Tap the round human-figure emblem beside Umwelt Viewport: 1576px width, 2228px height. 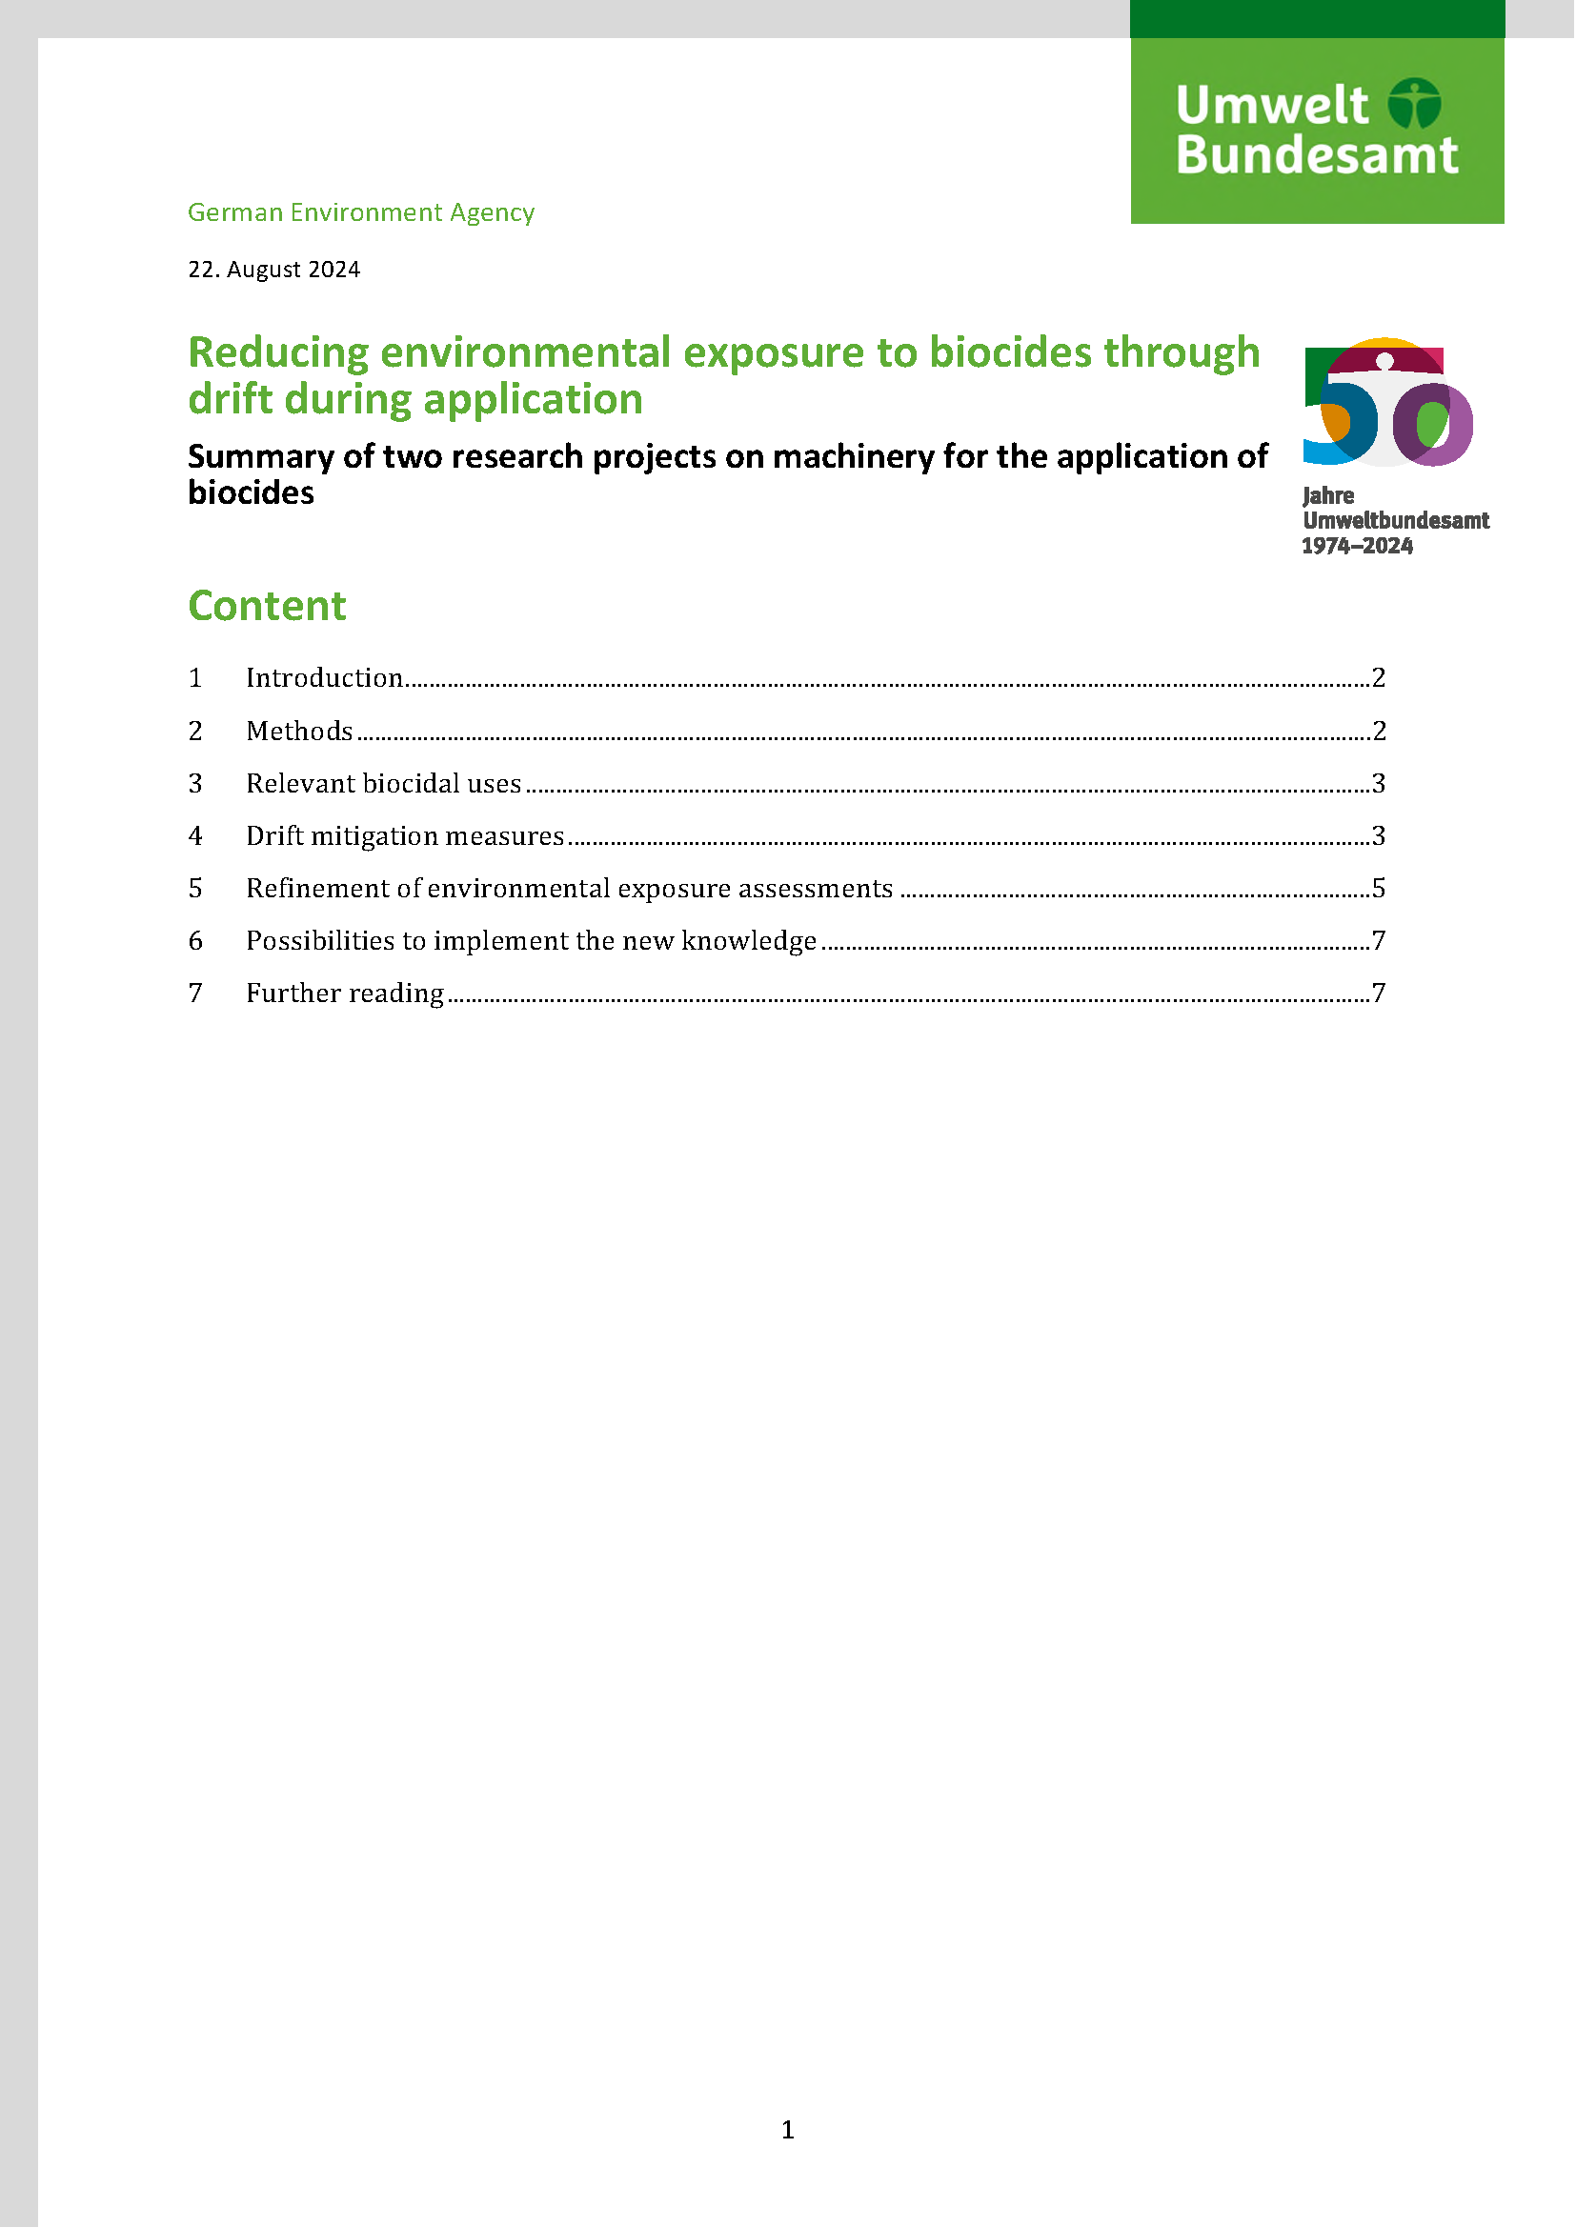[x=1414, y=103]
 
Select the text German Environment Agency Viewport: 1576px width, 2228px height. [x=361, y=212]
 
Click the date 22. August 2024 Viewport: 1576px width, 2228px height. [x=273, y=270]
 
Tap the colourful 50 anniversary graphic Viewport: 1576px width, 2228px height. [x=1387, y=403]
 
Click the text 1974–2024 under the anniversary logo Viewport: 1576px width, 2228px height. [x=1357, y=547]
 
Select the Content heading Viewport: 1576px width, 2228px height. [x=267, y=606]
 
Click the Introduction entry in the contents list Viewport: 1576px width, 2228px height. [x=324, y=677]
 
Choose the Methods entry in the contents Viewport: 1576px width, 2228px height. [x=299, y=731]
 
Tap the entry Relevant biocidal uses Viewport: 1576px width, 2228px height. [x=383, y=783]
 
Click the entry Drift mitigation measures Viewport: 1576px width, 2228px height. [x=405, y=835]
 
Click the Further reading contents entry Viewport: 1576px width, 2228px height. [x=345, y=993]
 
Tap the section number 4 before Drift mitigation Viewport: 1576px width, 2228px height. [x=195, y=835]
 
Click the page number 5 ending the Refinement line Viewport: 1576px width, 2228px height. [x=1379, y=888]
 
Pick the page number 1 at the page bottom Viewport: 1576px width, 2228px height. [x=788, y=2130]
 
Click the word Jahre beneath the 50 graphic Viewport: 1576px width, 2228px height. [x=1328, y=496]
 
